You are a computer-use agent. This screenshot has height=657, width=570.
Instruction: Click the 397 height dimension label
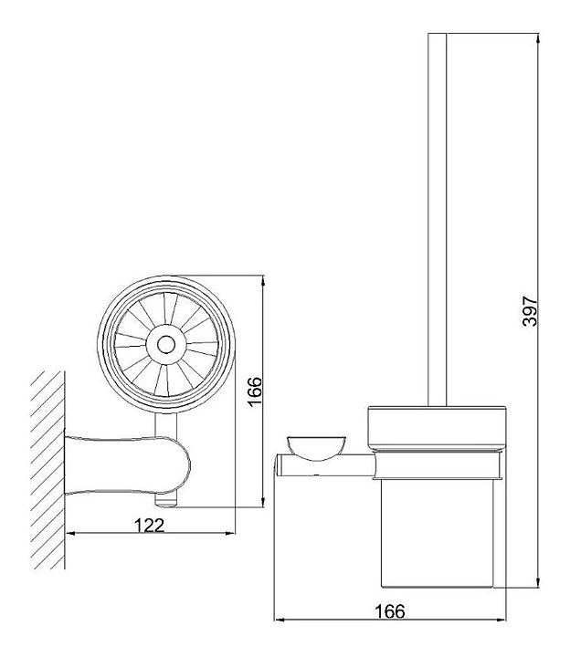[x=530, y=311]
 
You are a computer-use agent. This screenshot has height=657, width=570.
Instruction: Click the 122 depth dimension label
[x=149, y=526]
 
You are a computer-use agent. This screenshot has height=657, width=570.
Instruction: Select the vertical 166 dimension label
[x=254, y=391]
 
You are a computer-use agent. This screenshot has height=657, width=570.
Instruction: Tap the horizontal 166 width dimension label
[x=390, y=611]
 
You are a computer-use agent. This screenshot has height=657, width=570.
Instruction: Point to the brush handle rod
[x=437, y=220]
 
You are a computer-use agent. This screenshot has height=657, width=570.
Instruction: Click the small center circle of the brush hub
[x=165, y=345]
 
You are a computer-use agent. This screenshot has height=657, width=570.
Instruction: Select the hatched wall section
[x=48, y=470]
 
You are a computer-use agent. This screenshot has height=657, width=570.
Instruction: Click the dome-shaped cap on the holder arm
[x=316, y=448]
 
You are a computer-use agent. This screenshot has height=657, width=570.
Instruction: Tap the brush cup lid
[x=437, y=429]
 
